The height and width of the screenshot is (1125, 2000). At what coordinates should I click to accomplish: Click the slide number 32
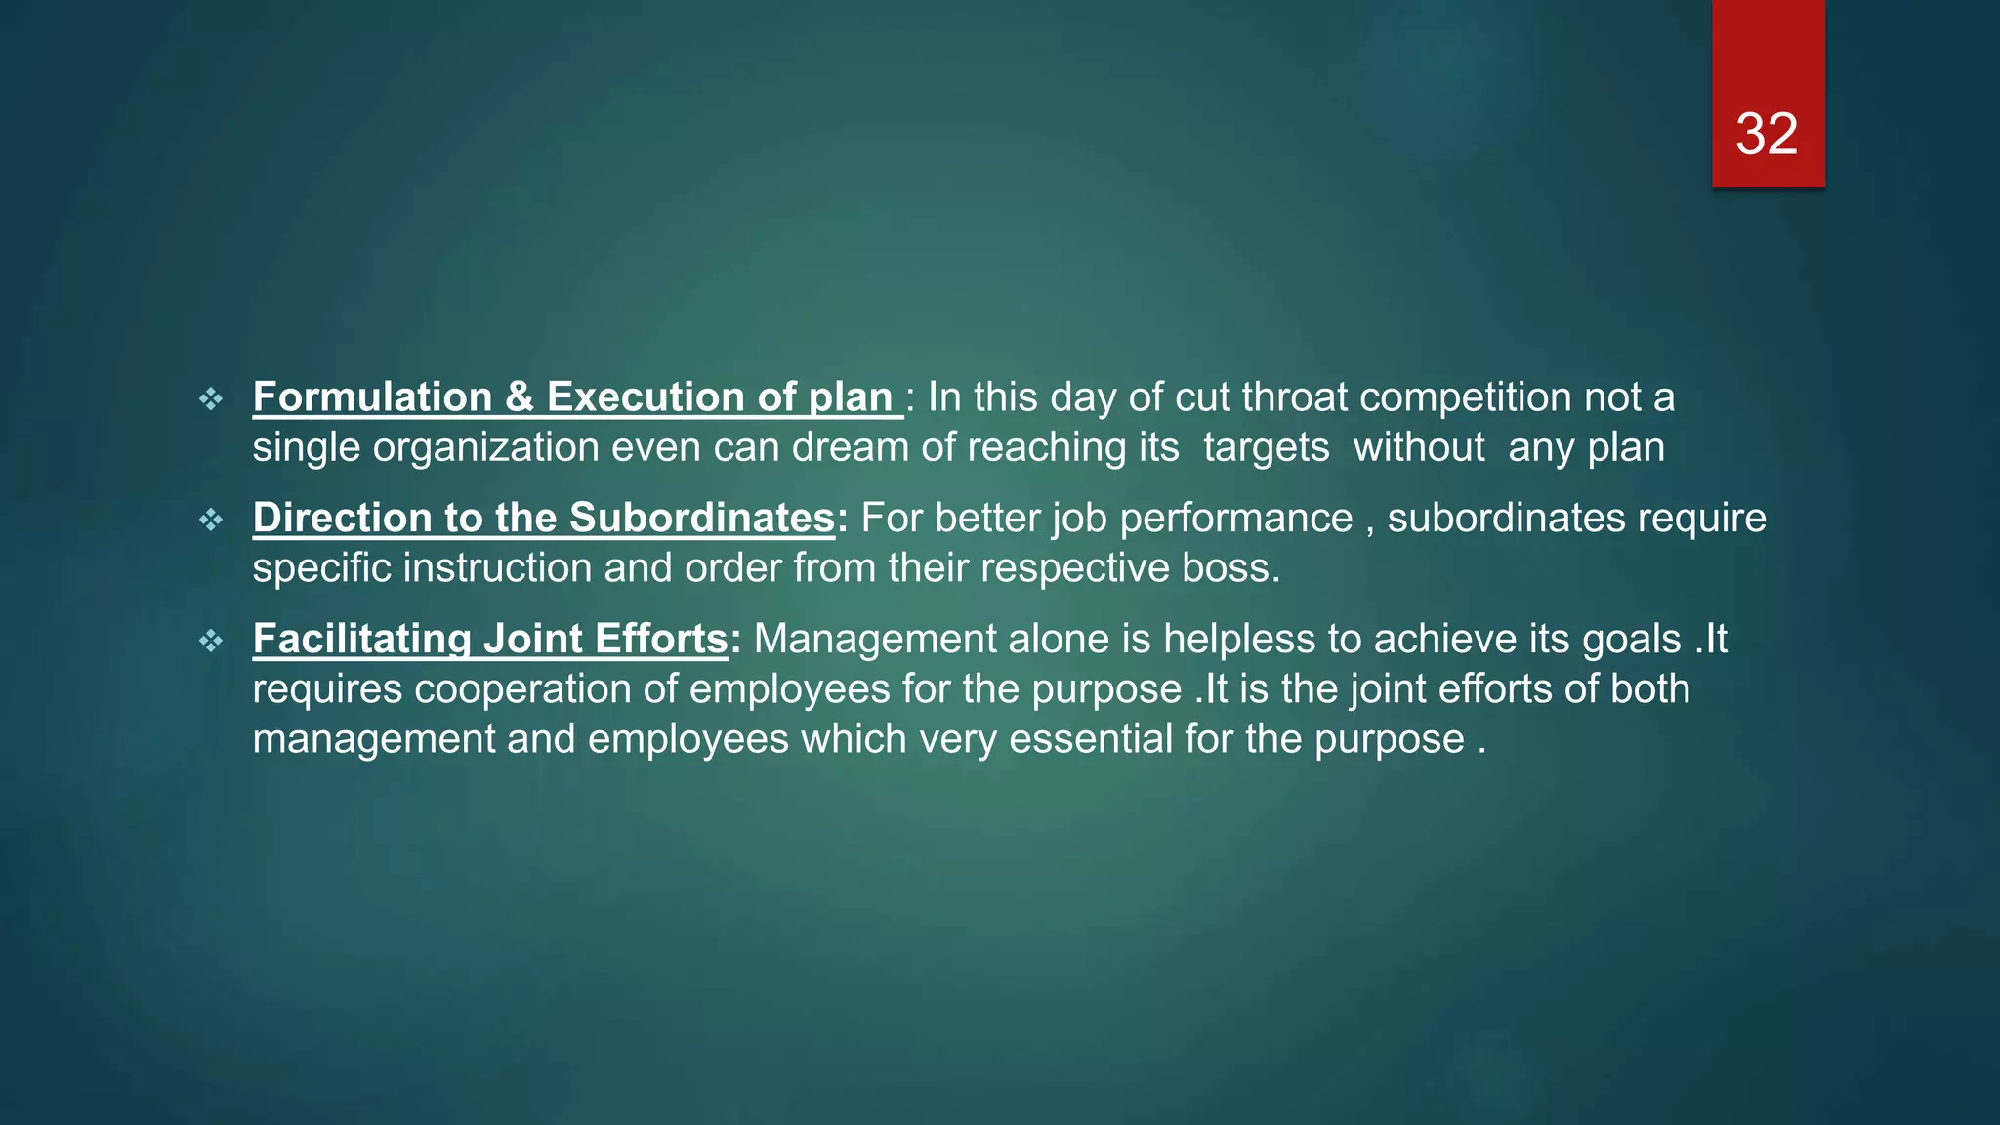click(1767, 134)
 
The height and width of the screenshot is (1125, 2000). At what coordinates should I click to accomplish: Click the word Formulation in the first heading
click(372, 397)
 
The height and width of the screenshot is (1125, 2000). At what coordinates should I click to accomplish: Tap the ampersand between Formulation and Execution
click(520, 397)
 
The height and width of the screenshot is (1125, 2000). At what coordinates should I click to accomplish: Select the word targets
click(1266, 448)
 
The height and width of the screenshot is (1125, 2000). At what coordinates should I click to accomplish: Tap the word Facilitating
click(361, 640)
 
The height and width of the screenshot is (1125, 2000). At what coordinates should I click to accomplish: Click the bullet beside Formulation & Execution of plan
click(211, 398)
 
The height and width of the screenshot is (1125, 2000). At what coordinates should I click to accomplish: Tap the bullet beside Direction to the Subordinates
click(211, 520)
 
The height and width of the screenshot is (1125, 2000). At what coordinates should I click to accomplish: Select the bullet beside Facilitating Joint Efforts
click(211, 641)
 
